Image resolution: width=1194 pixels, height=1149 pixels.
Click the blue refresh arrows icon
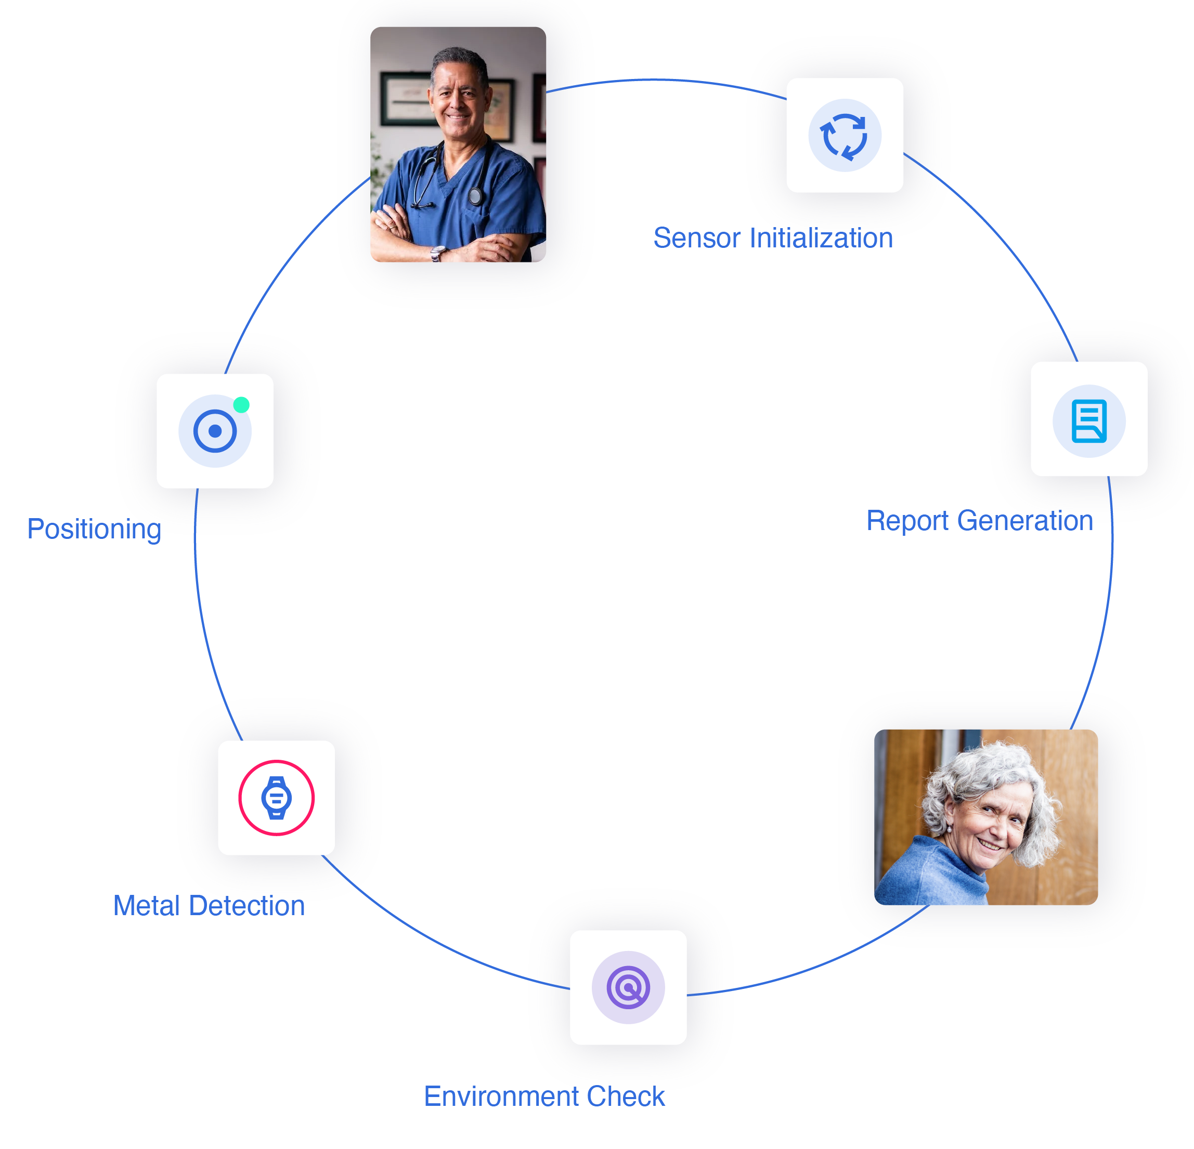click(x=845, y=136)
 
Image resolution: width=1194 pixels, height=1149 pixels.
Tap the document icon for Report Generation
click(x=1088, y=421)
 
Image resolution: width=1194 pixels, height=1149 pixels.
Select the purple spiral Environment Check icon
click(x=628, y=987)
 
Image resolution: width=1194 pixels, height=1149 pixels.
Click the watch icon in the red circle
click(x=277, y=798)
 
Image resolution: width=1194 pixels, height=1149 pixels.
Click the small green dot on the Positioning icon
click(x=241, y=405)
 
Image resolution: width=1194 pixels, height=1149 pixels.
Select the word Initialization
click(x=821, y=238)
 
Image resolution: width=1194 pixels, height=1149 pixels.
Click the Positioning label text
click(x=94, y=529)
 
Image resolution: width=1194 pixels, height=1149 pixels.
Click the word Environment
click(x=501, y=1097)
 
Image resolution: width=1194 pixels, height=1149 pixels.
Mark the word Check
click(x=626, y=1097)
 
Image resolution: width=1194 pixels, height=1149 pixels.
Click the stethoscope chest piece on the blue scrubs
click(x=476, y=195)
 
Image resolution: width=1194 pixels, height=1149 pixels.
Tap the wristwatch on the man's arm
click(x=437, y=253)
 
